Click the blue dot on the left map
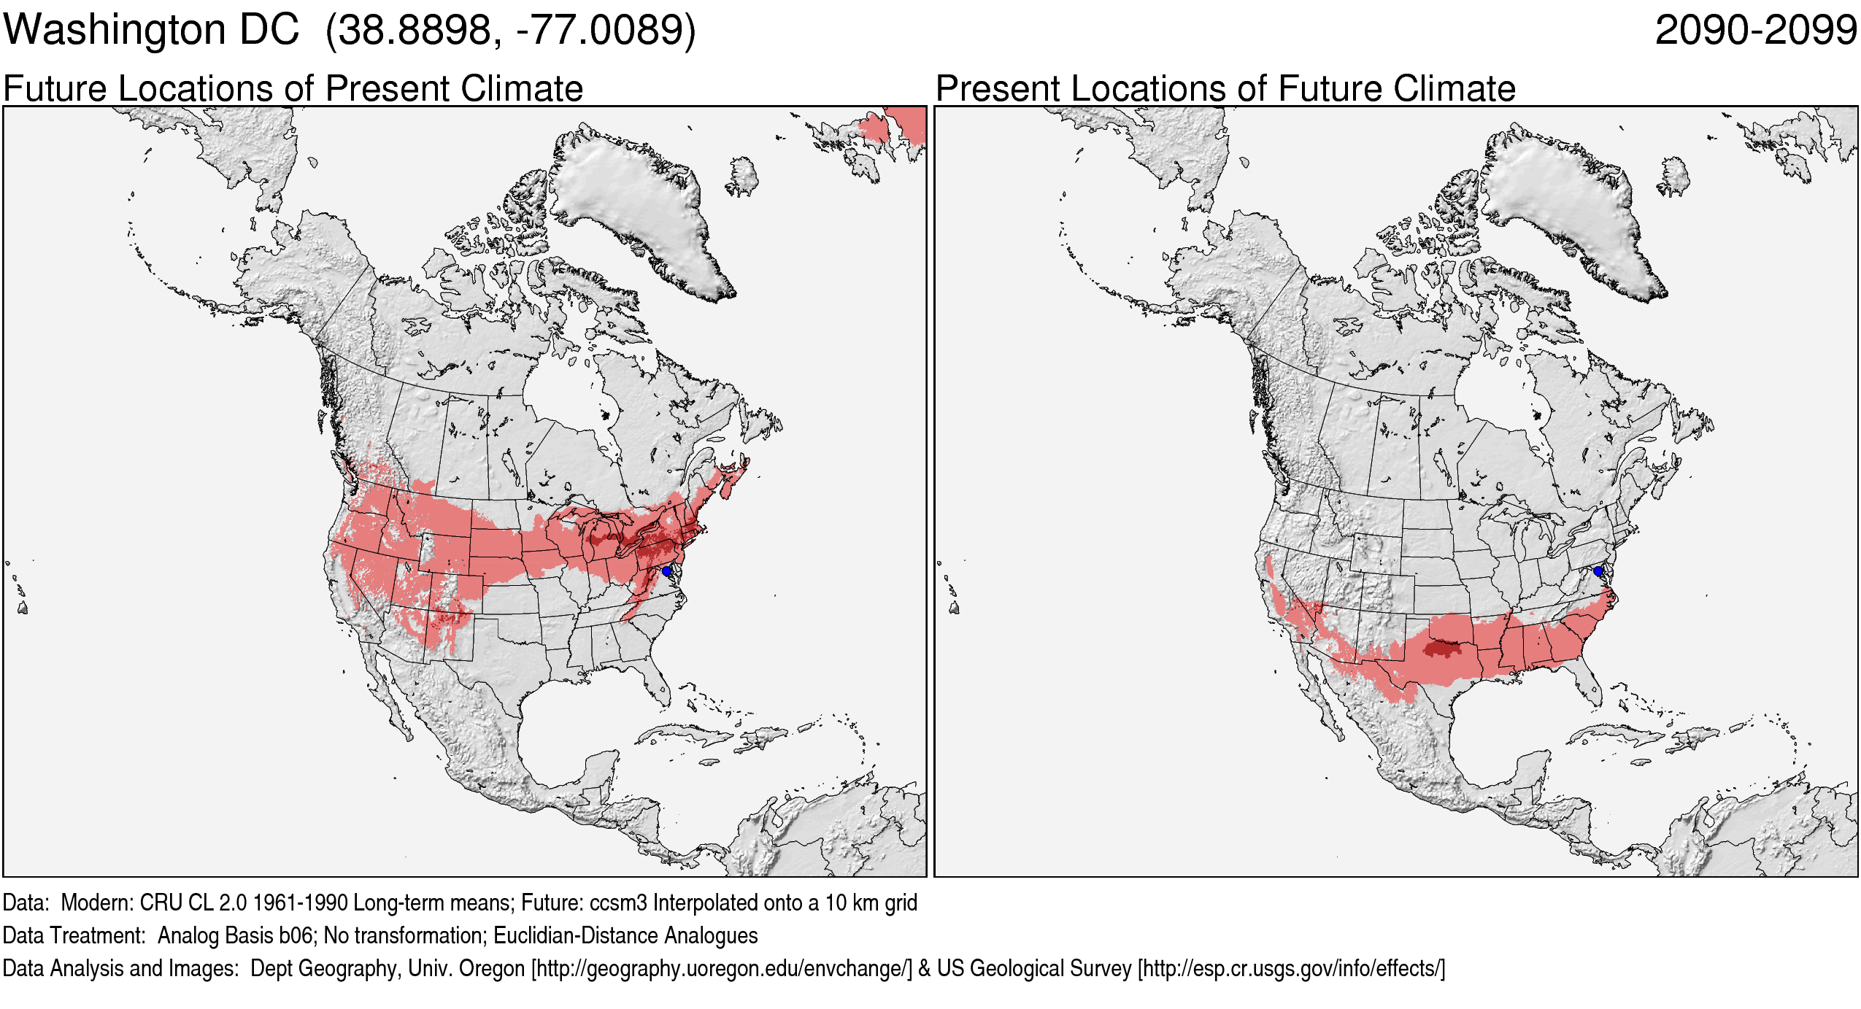tap(666, 571)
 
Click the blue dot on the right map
tap(1598, 571)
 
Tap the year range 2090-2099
tap(1755, 31)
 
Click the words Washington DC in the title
tap(151, 31)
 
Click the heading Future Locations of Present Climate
tap(293, 89)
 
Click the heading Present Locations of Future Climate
tap(1225, 89)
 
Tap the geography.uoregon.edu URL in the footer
tap(722, 969)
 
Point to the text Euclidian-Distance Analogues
tap(625, 936)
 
